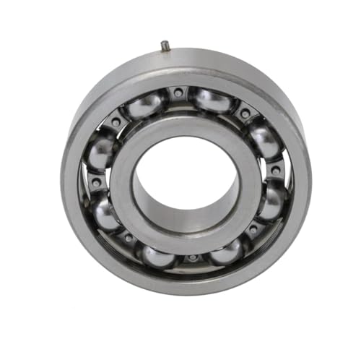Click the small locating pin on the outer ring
pos(165,46)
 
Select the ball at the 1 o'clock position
pos(214,100)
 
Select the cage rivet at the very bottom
pos(192,258)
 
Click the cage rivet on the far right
pos(275,171)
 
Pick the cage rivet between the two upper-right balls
pos(244,113)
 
